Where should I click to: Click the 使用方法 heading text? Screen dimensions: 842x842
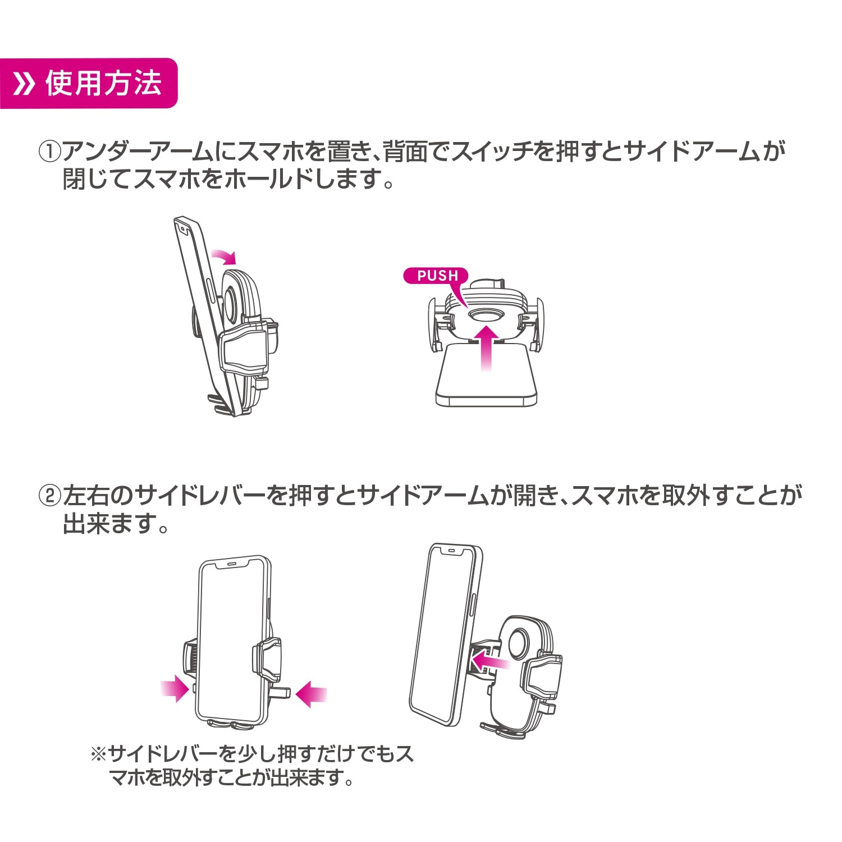[x=103, y=84]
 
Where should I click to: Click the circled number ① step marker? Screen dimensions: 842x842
[x=49, y=152]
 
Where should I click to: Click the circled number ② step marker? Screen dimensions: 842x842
[x=49, y=496]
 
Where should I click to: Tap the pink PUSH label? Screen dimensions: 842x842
[x=437, y=276]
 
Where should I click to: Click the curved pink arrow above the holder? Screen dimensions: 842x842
[x=225, y=257]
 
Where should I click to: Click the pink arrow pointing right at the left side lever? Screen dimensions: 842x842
[x=175, y=688]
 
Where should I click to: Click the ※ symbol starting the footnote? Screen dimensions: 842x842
[x=98, y=753]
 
